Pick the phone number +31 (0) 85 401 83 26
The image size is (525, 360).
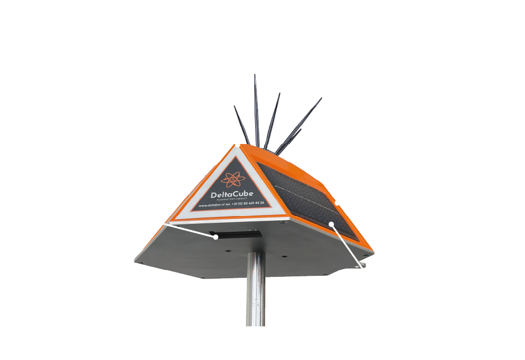(248, 203)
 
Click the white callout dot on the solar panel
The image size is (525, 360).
(331, 224)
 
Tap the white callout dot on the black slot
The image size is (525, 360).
(215, 237)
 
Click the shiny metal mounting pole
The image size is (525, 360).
(256, 292)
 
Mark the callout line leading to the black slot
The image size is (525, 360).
(190, 231)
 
